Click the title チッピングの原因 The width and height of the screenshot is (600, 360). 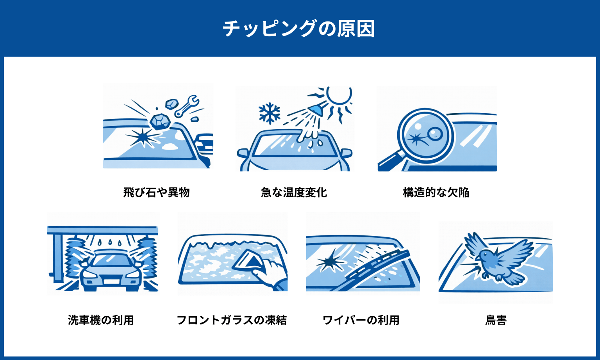click(299, 29)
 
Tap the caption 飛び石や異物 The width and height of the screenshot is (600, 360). click(156, 192)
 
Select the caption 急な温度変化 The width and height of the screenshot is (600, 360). click(294, 192)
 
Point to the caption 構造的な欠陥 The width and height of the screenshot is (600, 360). click(436, 192)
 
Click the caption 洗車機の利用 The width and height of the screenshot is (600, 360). click(101, 320)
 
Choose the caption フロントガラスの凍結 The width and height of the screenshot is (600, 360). click(232, 320)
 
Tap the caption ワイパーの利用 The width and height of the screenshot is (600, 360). click(361, 320)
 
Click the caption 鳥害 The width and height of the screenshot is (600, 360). click(496, 320)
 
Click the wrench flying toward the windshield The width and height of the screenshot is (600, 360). click(186, 106)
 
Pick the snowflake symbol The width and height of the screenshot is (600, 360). click(270, 114)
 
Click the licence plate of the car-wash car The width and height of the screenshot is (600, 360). click(111, 281)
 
